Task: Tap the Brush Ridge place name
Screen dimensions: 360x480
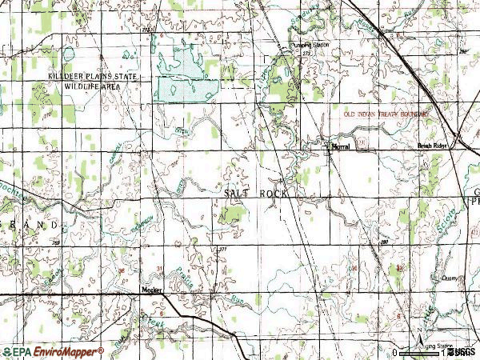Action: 436,146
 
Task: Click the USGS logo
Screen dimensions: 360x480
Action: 462,352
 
